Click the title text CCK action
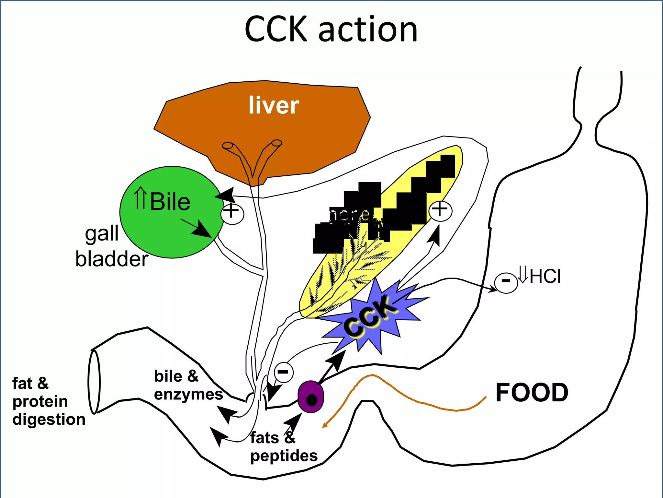(x=331, y=30)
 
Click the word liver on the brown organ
(x=274, y=105)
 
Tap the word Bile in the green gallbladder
(x=170, y=202)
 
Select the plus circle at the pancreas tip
(x=440, y=211)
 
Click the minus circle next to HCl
(x=506, y=283)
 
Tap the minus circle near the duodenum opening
(x=284, y=372)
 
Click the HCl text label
(x=545, y=277)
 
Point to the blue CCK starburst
(x=372, y=318)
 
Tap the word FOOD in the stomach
(x=532, y=393)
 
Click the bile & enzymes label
(x=188, y=385)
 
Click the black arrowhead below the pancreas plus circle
(x=434, y=235)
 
